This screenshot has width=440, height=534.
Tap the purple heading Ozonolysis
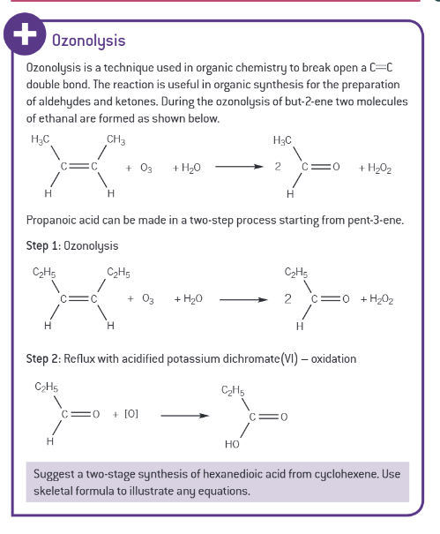(88, 41)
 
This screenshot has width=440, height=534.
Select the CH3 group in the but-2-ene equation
(116, 139)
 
